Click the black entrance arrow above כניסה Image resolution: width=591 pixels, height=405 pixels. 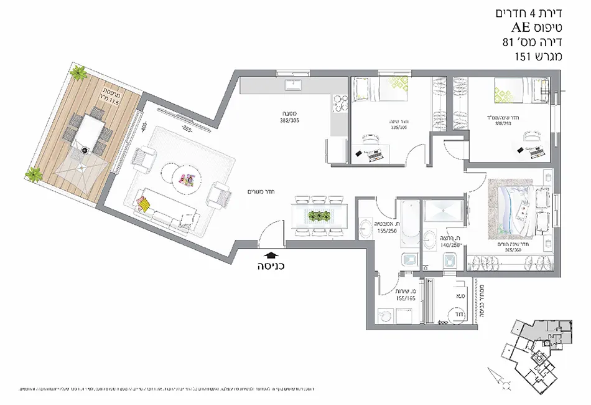[x=270, y=254]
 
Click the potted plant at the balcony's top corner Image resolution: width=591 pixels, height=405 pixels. [x=78, y=74]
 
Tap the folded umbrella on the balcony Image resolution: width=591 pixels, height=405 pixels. [x=81, y=149]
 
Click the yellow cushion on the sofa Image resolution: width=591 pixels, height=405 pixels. [x=144, y=203]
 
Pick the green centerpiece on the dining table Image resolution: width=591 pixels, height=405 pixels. [x=319, y=216]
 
